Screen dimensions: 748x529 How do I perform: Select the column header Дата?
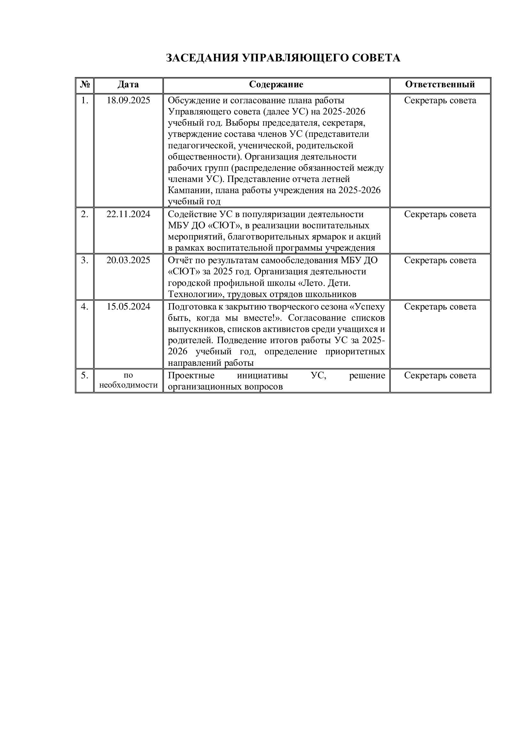point(128,85)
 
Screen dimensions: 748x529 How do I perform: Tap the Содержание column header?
point(276,85)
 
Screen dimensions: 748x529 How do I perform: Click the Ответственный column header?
point(440,85)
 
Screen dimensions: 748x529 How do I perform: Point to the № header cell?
point(85,85)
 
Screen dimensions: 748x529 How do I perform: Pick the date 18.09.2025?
point(128,100)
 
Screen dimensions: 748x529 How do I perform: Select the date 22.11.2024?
point(128,214)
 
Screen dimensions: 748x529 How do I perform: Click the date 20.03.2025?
point(128,260)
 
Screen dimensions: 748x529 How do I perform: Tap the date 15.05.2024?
point(128,307)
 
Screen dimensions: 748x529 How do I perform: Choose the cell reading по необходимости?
point(128,380)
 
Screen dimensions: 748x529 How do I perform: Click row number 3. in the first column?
point(85,260)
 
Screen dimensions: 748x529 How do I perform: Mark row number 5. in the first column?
point(85,376)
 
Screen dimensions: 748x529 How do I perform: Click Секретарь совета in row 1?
point(440,100)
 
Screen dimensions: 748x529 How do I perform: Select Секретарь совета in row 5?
point(440,376)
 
